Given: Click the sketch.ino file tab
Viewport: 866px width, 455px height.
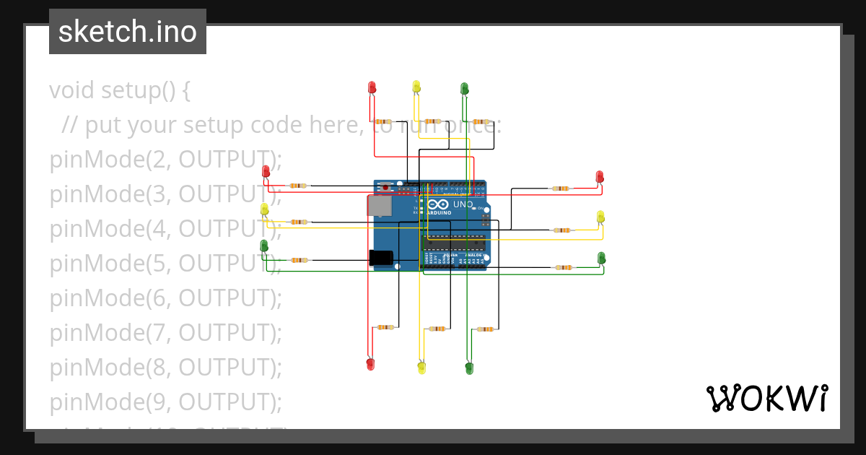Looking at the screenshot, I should tap(128, 32).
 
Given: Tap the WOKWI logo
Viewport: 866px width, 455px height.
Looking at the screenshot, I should tap(766, 398).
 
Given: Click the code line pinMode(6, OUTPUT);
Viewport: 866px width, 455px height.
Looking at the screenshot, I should tap(165, 298).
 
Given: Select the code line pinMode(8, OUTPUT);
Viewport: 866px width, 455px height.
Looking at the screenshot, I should tap(165, 368).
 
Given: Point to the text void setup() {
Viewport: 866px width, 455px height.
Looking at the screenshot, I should tap(120, 90).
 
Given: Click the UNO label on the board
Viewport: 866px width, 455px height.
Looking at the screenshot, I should tap(462, 204).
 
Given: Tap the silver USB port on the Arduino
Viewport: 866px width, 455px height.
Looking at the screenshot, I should tap(380, 206).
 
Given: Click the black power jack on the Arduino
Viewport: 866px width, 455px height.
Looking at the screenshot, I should tap(380, 258).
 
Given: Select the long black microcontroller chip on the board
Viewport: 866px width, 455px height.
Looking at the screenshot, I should tap(454, 243).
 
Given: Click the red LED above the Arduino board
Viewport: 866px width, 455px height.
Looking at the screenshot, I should tap(372, 87).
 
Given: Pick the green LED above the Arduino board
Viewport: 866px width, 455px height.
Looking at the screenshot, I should tap(464, 89).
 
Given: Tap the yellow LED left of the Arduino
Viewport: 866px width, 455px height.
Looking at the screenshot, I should tap(264, 209).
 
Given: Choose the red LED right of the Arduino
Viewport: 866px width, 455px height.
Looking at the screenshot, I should tap(599, 177).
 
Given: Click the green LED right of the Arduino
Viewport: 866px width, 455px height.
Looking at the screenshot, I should tap(601, 258).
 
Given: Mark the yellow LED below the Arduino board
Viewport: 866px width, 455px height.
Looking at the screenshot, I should tap(421, 368).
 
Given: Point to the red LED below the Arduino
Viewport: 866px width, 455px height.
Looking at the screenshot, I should tap(370, 364).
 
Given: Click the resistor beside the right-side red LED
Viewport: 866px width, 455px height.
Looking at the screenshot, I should tap(560, 188).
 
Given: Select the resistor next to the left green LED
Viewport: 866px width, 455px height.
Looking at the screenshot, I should tap(299, 260).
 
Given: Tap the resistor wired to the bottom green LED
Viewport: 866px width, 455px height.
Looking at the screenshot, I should tap(486, 329).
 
